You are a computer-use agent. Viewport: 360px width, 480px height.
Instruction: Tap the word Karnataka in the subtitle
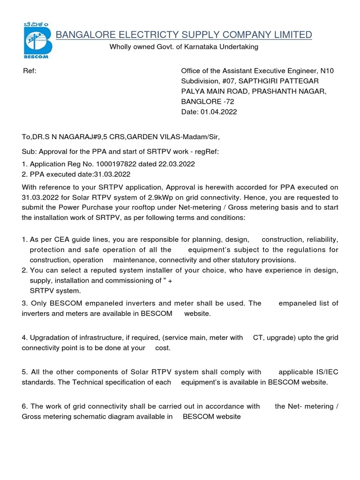tap(196, 47)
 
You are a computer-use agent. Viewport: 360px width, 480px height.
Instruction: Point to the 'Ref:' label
tap(30, 71)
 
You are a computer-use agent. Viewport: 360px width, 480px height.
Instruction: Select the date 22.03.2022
tap(177, 164)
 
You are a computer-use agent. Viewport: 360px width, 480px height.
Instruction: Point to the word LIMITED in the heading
tap(294, 35)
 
